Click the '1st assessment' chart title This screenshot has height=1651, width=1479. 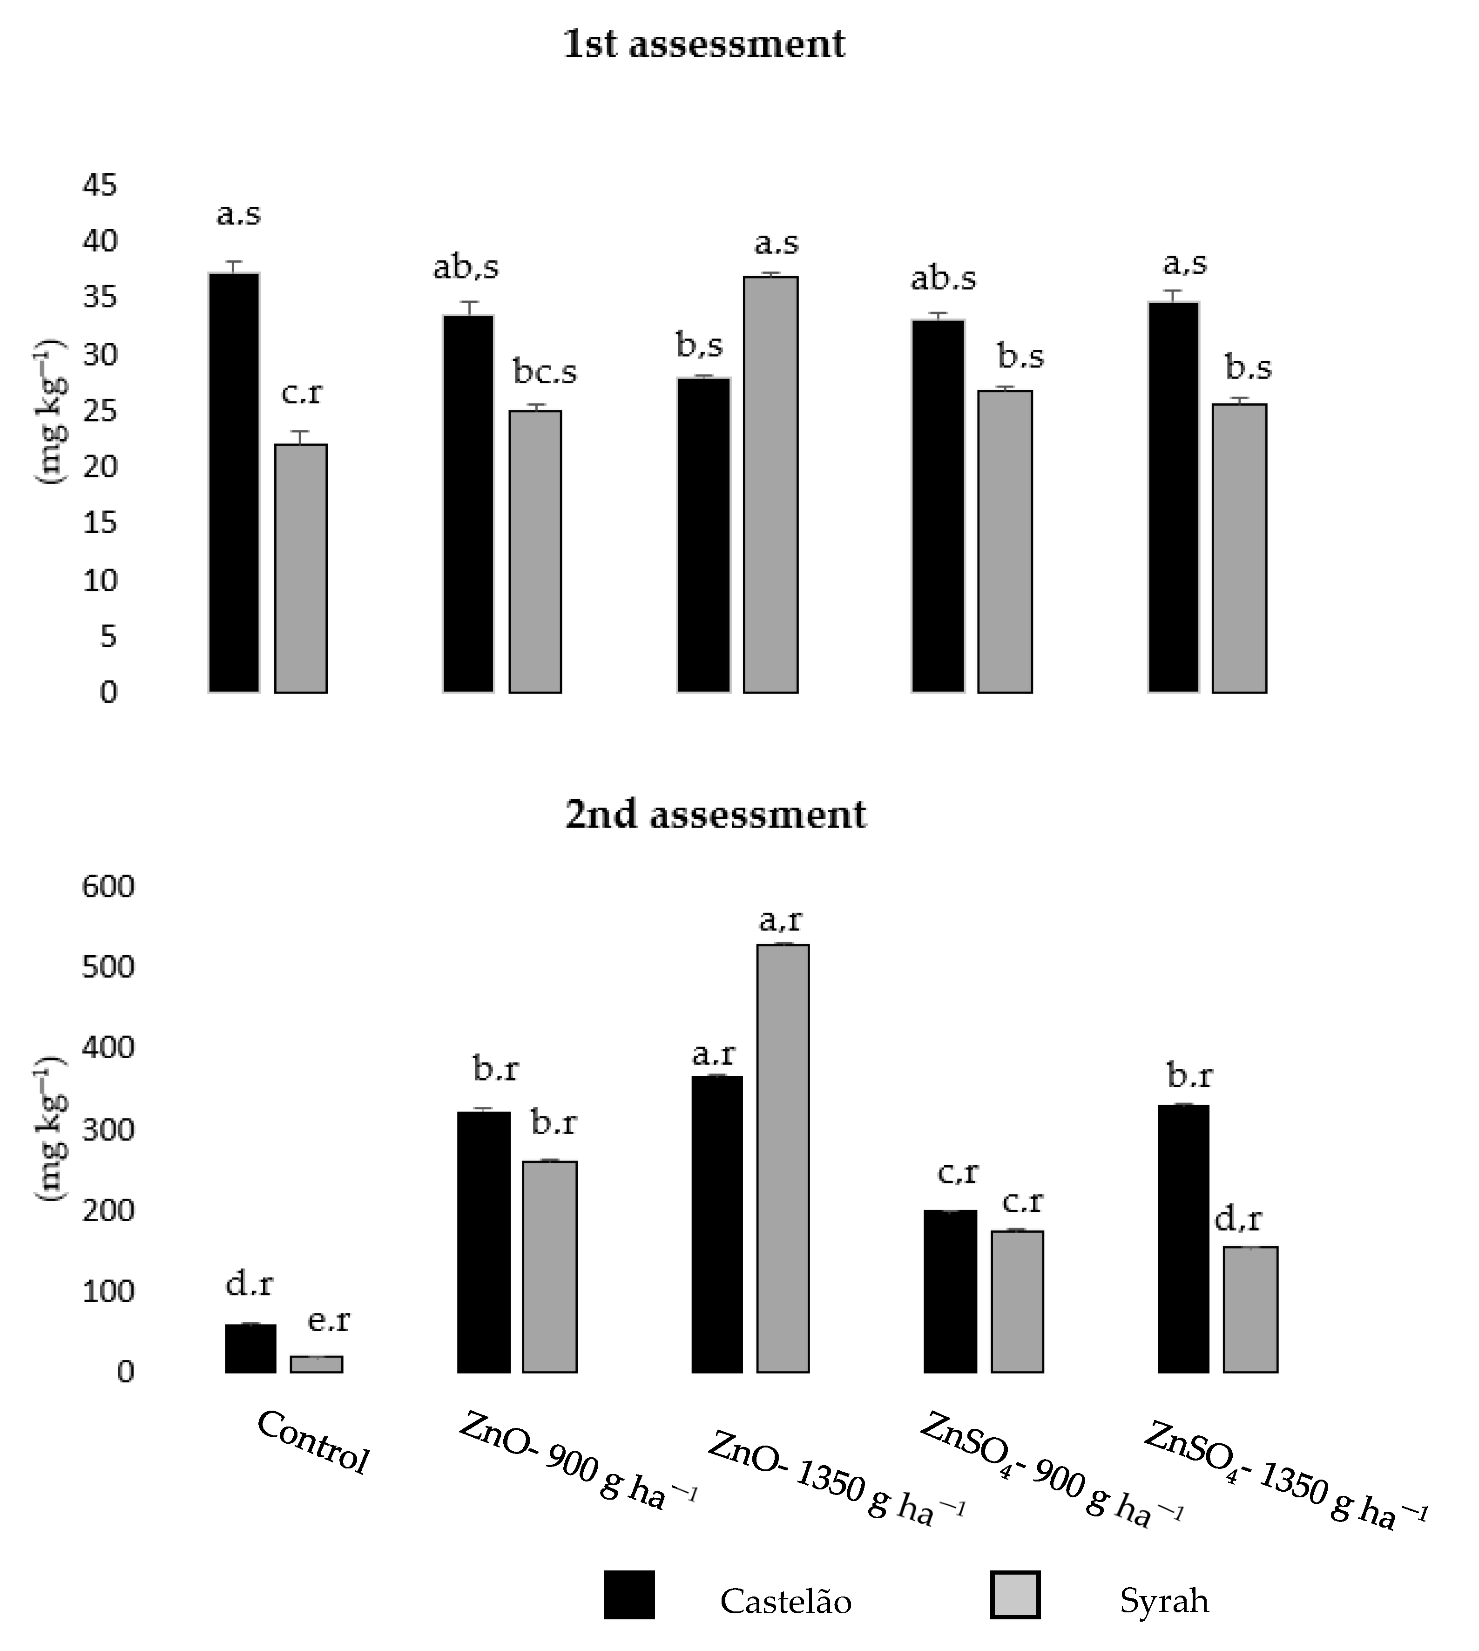(704, 44)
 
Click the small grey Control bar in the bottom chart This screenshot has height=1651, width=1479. (316, 1364)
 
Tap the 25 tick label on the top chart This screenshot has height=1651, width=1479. (100, 410)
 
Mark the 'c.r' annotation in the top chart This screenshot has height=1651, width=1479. (302, 393)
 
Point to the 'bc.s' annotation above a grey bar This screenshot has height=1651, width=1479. (545, 372)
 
